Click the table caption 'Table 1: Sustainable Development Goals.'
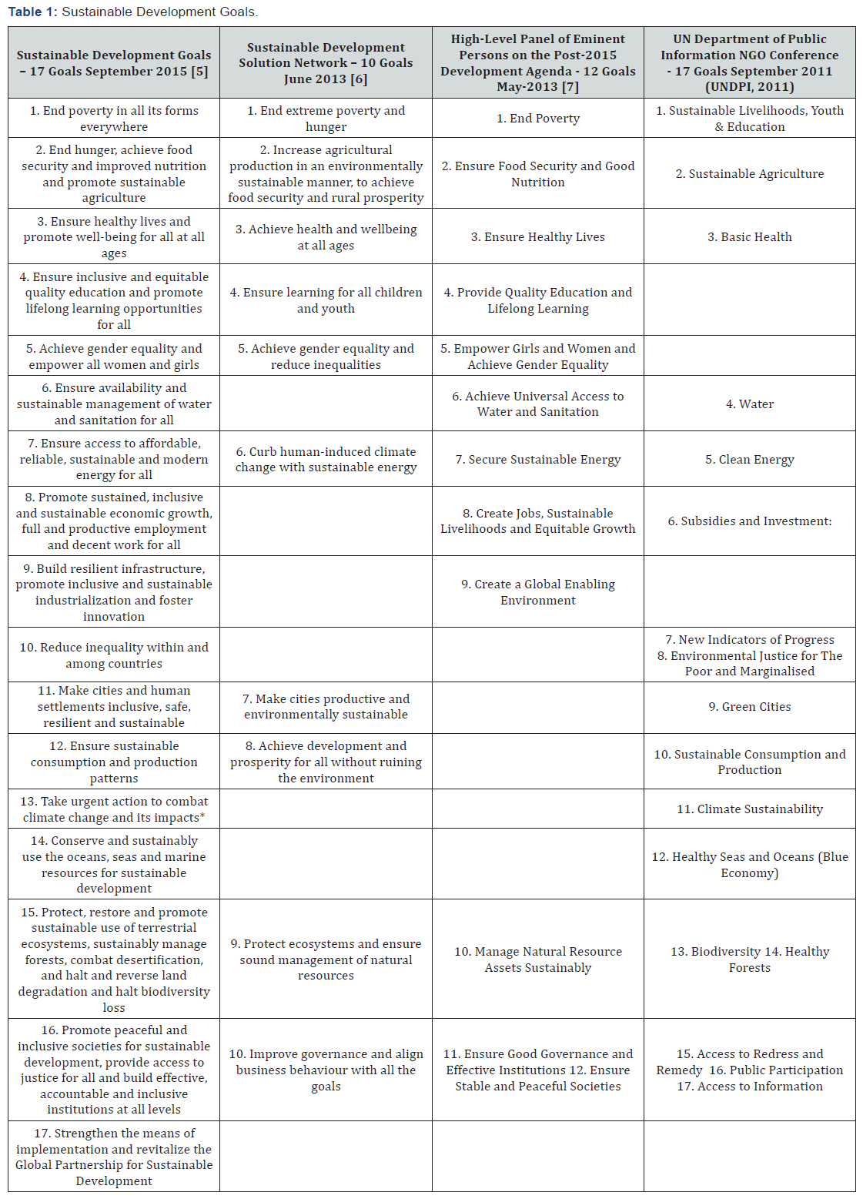point(133,12)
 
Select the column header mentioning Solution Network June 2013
point(326,63)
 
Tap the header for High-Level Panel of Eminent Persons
point(537,63)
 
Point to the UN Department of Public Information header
point(749,63)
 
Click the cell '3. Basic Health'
point(749,237)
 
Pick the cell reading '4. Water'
point(749,404)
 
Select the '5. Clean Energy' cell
point(749,460)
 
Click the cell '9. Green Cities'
point(749,707)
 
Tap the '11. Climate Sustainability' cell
point(749,809)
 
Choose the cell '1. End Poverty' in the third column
point(537,119)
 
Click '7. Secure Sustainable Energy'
point(537,460)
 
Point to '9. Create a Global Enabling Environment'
point(537,592)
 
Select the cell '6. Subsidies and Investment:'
point(749,521)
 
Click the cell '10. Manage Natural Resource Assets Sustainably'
point(537,960)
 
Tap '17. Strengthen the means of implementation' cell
point(114,1157)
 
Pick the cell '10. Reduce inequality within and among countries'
point(114,655)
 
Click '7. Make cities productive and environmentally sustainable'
point(326,707)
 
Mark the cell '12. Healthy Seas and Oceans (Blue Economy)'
point(749,865)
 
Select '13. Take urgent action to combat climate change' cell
point(114,809)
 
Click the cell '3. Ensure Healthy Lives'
point(537,237)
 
